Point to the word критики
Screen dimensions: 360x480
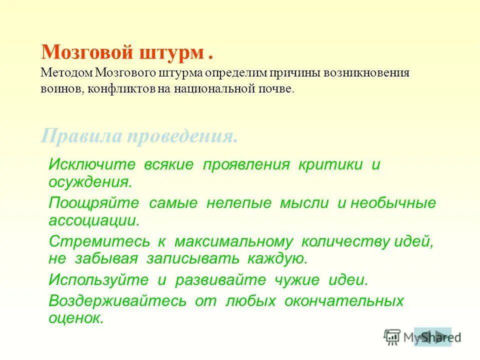point(330,165)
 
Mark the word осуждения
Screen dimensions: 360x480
point(90,181)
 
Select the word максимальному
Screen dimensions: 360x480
point(233,242)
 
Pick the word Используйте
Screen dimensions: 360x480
point(98,280)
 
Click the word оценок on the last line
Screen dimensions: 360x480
point(75,317)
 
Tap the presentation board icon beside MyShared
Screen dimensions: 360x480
point(392,337)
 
